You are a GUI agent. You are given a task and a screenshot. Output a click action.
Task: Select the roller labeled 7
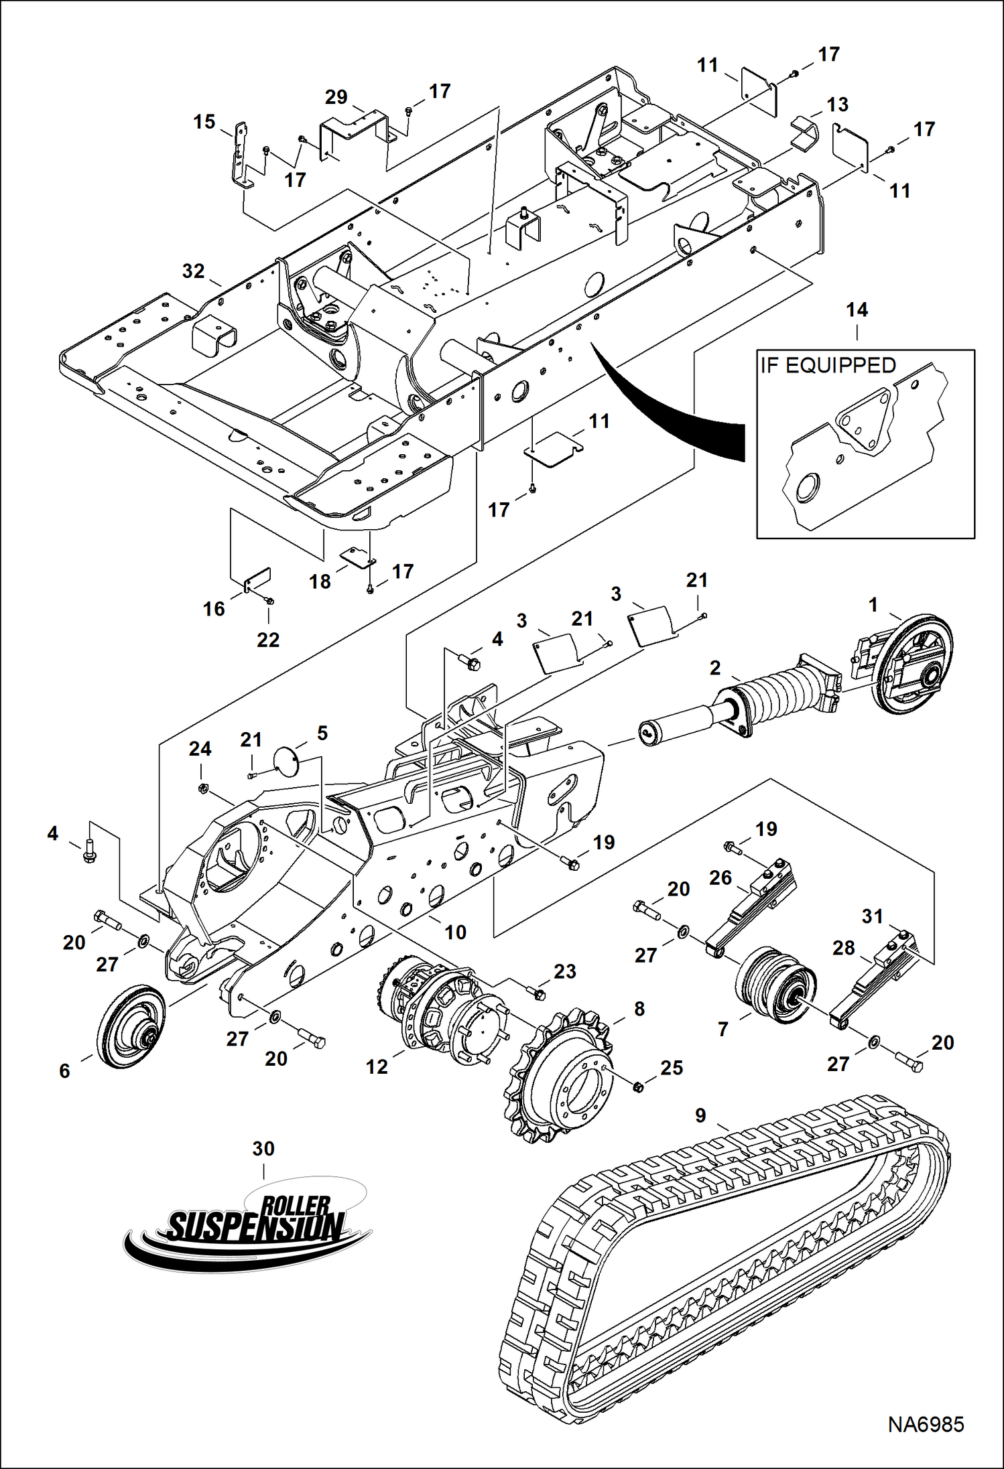coord(774,985)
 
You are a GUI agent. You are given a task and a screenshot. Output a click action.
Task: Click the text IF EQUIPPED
coord(828,366)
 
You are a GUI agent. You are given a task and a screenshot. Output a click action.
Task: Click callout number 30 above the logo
coord(263,1149)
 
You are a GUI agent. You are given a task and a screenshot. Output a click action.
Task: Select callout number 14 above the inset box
coord(857,309)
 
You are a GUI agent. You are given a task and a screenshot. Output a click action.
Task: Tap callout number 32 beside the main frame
coord(193,271)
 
